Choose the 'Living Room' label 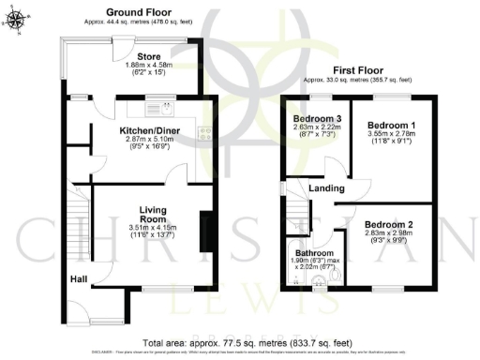(152, 213)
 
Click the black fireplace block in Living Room (205, 232)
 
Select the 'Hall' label (78, 278)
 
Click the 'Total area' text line (240, 342)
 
